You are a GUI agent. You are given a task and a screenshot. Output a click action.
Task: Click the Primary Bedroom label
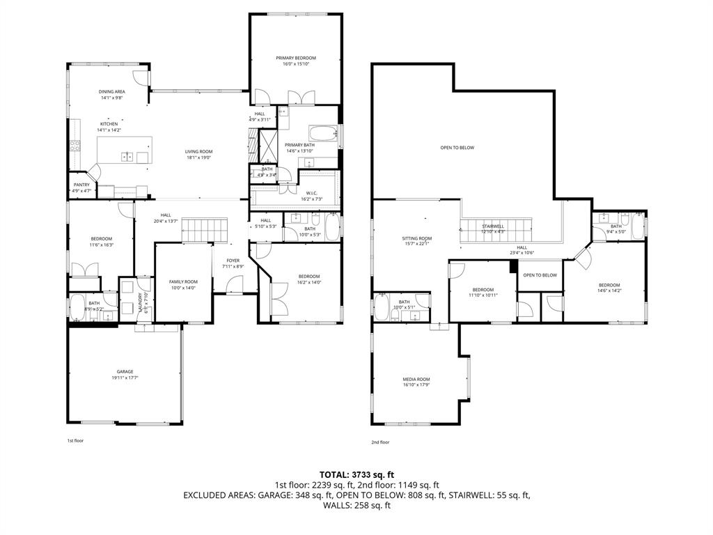point(296,58)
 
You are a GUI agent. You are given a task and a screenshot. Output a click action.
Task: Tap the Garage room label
point(125,371)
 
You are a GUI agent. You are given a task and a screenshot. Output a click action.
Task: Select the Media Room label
point(416,379)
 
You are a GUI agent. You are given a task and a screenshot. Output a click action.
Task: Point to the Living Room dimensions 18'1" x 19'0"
point(198,157)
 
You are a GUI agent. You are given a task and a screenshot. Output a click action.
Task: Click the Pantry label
point(81,185)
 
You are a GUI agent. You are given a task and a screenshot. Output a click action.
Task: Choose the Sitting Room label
point(417,238)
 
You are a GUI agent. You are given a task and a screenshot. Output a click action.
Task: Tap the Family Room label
point(184,281)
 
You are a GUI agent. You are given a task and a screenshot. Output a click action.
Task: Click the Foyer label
point(233,261)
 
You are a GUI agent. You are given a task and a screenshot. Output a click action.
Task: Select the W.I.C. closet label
point(312,193)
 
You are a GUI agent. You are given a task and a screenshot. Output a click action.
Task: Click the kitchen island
point(123,150)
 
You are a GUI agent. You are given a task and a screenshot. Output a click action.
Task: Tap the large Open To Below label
point(457,148)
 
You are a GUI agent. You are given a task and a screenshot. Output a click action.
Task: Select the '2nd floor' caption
point(380,442)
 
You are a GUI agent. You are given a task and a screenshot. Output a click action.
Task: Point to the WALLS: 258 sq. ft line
point(356,505)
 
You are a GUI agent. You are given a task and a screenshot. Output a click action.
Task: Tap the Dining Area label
point(111,92)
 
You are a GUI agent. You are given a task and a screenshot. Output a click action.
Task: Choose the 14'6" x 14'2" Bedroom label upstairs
point(609,285)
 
